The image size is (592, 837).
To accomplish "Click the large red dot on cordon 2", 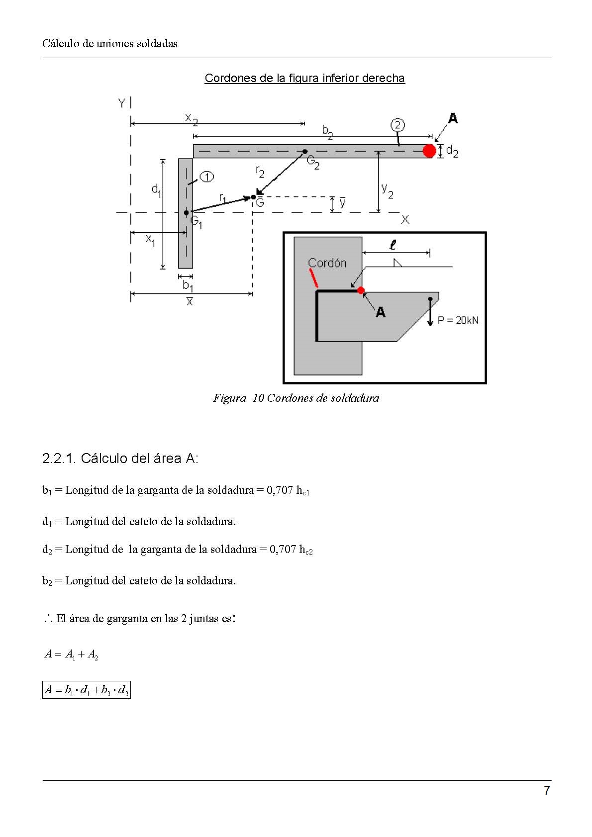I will pos(429,151).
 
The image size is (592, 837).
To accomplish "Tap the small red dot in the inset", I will pos(361,290).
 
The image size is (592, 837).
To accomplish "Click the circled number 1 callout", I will pos(207,177).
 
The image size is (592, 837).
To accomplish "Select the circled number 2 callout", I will pos(397,124).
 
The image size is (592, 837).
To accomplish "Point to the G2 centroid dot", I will pos(305,151).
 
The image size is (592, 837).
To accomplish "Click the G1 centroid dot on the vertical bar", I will pos(187,212).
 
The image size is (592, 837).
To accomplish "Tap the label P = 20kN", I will pos(458,320).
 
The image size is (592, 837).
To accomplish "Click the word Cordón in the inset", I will pos(327,263).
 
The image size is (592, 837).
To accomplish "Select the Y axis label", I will pos(121,103).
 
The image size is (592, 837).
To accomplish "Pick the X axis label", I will pos(405,219).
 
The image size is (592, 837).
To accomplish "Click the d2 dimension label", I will pos(452,151).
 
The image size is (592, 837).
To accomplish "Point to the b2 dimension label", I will pos(327,131).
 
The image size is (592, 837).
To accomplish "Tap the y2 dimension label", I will pos(387,190).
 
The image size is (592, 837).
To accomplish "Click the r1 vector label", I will pos(222,198).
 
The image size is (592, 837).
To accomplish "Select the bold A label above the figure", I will pos(453,118).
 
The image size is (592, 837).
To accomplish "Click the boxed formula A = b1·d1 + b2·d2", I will pos(87,690).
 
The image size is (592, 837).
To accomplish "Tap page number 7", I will pos(547,791).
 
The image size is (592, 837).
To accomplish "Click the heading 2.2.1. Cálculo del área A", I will pos(120,458).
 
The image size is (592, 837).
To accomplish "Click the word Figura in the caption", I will pos(229,398).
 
